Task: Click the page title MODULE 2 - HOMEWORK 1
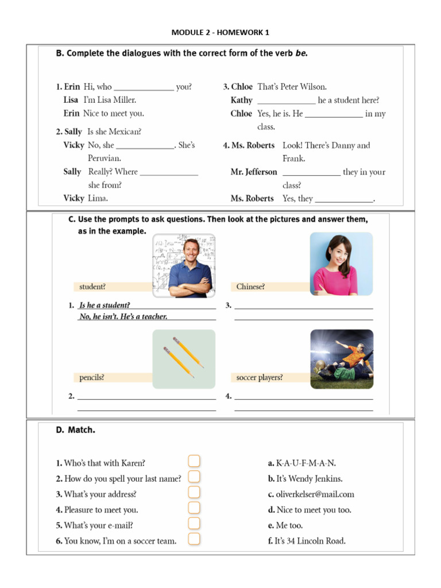(x=220, y=32)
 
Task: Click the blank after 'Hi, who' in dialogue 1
(x=144, y=88)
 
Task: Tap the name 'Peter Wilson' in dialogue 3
(x=304, y=87)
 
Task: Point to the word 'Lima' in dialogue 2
(x=98, y=198)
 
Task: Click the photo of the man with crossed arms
(x=184, y=265)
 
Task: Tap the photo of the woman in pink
(x=341, y=264)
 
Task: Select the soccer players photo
(x=341, y=359)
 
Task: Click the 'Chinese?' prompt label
(x=251, y=287)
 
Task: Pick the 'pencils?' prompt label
(x=92, y=378)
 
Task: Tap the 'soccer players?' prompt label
(x=260, y=378)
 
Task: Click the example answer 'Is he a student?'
(x=105, y=305)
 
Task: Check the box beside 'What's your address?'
(x=194, y=492)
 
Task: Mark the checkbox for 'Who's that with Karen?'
(x=194, y=461)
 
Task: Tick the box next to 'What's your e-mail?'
(x=194, y=523)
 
